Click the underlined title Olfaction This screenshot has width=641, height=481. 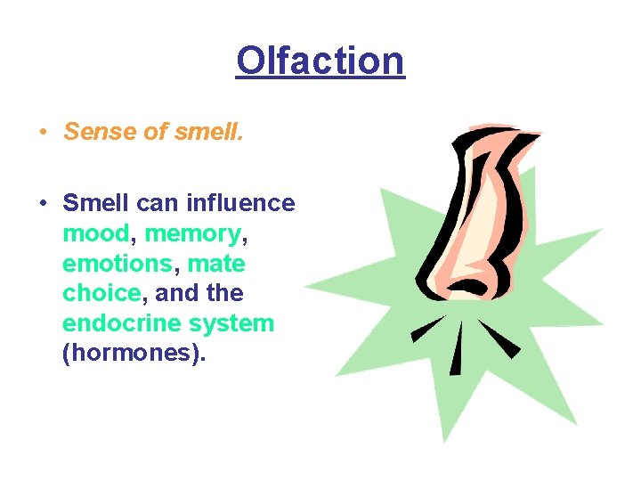pyautogui.click(x=320, y=61)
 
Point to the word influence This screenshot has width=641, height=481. pyautogui.click(x=240, y=203)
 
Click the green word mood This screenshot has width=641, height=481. pyautogui.click(x=96, y=233)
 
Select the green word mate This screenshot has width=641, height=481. pyautogui.click(x=216, y=264)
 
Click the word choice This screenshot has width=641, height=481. pyautogui.click(x=101, y=293)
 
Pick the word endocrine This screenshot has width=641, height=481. pyautogui.click(x=119, y=323)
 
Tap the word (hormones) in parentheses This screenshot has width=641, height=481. pyautogui.click(x=134, y=354)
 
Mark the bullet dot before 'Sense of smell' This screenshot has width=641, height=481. pyautogui.click(x=43, y=133)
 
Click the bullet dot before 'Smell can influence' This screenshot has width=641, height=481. pyautogui.click(x=43, y=204)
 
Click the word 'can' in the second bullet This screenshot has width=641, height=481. pyautogui.click(x=158, y=203)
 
